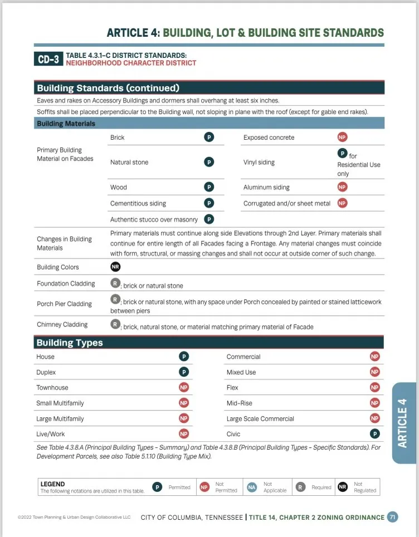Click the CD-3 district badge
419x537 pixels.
(x=48, y=59)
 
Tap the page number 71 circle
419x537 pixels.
(x=393, y=517)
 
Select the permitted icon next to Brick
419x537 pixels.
(x=209, y=137)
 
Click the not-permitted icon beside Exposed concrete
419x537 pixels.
(x=342, y=137)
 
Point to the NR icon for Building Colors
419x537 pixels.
(x=115, y=267)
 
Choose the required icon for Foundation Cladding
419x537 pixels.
(x=115, y=283)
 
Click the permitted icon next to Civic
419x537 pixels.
(x=375, y=434)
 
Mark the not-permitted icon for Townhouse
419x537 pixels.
(x=183, y=387)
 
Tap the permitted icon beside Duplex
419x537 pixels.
(x=183, y=372)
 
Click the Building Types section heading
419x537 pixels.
(x=70, y=343)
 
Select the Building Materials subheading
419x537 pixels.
(x=66, y=124)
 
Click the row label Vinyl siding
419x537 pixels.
(x=259, y=162)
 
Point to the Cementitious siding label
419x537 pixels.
(x=138, y=203)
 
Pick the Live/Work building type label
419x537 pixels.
(x=50, y=434)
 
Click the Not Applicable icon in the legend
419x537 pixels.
(x=252, y=487)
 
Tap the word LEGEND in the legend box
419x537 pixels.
(x=52, y=484)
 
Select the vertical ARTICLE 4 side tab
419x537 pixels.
(x=403, y=423)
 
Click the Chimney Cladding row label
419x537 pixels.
(x=62, y=324)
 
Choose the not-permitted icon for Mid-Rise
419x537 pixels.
(x=375, y=403)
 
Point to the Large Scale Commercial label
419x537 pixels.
(x=260, y=418)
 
